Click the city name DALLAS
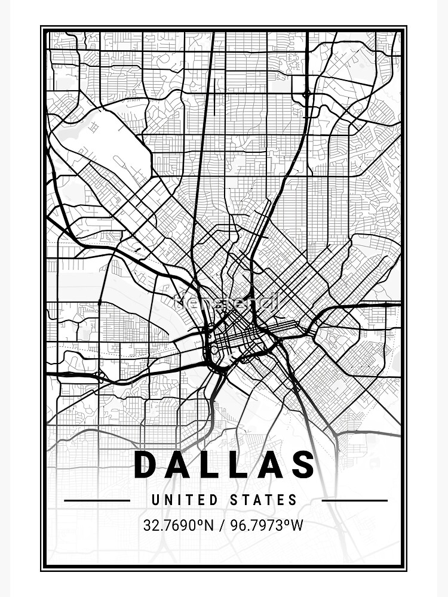[224, 465]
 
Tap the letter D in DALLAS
[145, 465]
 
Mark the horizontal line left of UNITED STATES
[97, 500]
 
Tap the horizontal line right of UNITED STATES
[354, 500]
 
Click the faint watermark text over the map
[225, 303]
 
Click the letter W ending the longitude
[297, 526]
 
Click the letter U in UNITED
[155, 500]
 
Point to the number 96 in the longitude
[241, 526]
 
